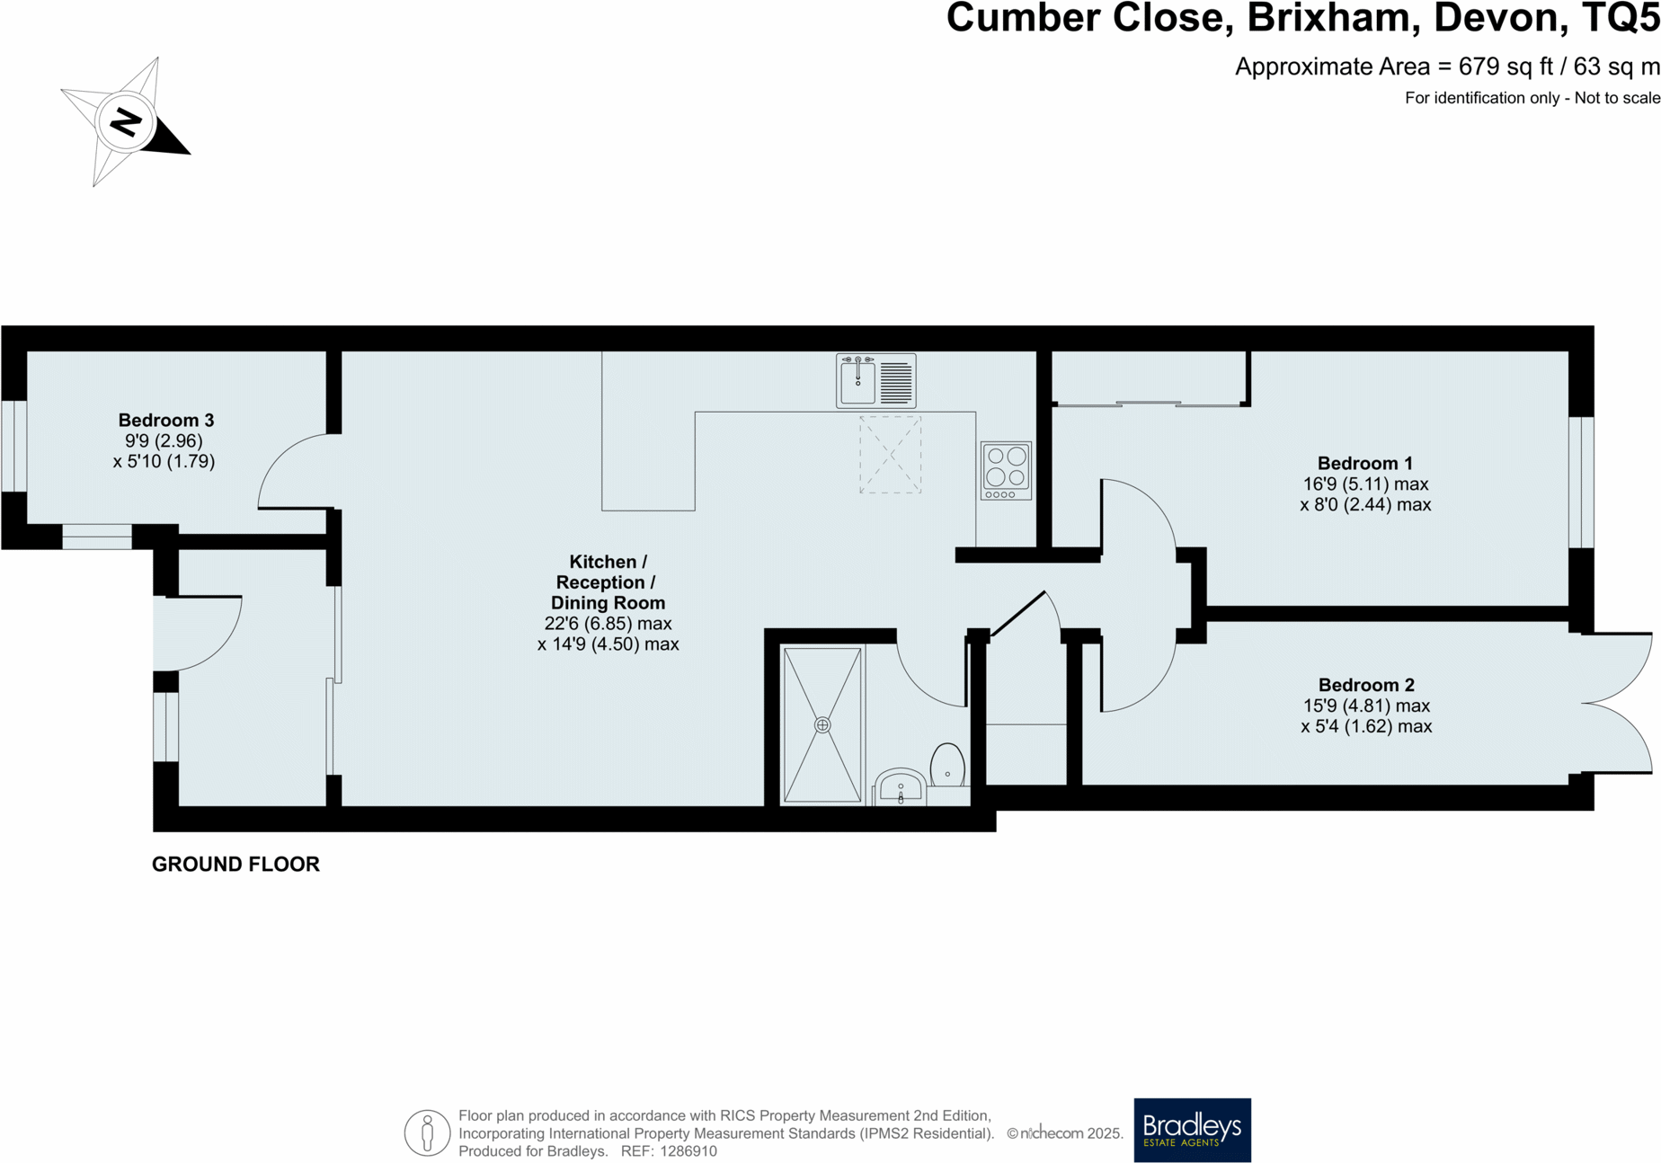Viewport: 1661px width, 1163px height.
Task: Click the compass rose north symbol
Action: [x=125, y=122]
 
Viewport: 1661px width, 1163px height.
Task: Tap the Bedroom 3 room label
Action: [x=165, y=420]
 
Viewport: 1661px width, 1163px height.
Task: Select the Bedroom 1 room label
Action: [x=1364, y=463]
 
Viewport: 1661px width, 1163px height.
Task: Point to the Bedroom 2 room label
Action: [x=1365, y=685]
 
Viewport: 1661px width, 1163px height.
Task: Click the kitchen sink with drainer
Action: [x=875, y=381]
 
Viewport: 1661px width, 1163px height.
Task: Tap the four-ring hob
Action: [x=1006, y=470]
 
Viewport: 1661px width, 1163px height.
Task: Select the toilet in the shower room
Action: [x=947, y=766]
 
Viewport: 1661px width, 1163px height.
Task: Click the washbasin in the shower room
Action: [x=900, y=787]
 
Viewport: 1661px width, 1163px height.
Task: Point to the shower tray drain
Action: [x=822, y=724]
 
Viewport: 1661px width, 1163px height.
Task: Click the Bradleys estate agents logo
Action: [x=1192, y=1130]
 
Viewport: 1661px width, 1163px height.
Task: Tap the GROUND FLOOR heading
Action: [x=235, y=864]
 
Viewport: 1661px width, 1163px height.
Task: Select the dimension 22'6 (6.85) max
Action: [x=608, y=624]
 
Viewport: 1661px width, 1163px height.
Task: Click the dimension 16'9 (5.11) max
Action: [x=1364, y=484]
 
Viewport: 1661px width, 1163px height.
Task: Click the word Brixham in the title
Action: [x=1333, y=18]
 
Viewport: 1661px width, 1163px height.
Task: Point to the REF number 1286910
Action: [x=688, y=1151]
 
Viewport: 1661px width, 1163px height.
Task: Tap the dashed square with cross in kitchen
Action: [x=890, y=454]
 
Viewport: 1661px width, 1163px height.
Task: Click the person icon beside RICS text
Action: [x=427, y=1132]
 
